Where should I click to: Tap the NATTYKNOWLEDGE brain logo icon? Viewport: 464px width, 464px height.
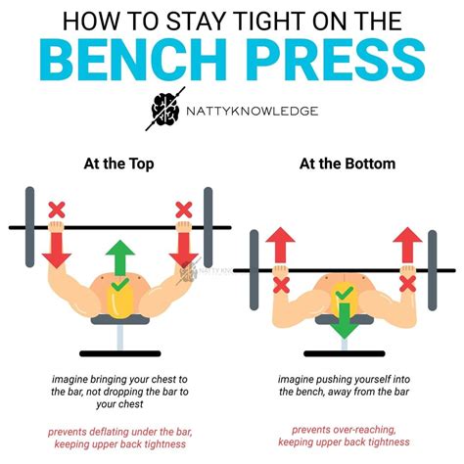pos(163,110)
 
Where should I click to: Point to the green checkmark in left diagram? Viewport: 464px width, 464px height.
pos(118,286)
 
